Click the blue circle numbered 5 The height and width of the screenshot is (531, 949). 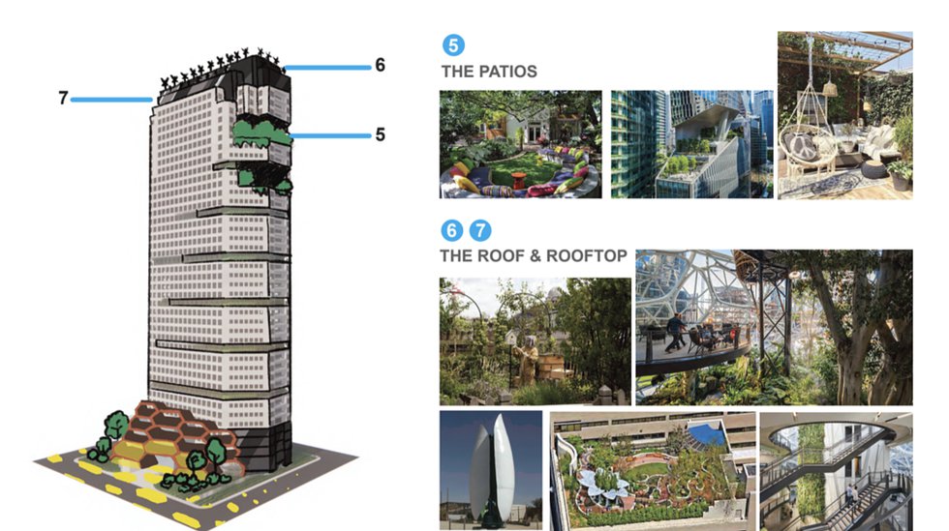click(453, 45)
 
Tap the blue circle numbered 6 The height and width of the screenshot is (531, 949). click(451, 230)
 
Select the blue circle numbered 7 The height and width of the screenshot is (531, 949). click(480, 230)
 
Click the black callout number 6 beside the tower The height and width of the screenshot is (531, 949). click(380, 65)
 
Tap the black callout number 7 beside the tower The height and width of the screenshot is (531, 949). click(63, 98)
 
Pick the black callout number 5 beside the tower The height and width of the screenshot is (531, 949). click(380, 134)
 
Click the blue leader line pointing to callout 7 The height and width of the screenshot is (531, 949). click(111, 100)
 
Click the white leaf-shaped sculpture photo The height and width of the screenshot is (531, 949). click(491, 470)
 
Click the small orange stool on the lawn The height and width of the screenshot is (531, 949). click(519, 180)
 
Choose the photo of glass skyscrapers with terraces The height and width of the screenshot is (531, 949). click(691, 144)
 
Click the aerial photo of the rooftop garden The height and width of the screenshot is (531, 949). click(653, 471)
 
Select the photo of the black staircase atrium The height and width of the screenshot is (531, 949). click(836, 472)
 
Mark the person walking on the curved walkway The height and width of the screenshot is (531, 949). click(676, 334)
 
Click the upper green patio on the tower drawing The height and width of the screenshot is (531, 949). click(262, 133)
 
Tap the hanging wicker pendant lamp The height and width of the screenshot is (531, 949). click(831, 89)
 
